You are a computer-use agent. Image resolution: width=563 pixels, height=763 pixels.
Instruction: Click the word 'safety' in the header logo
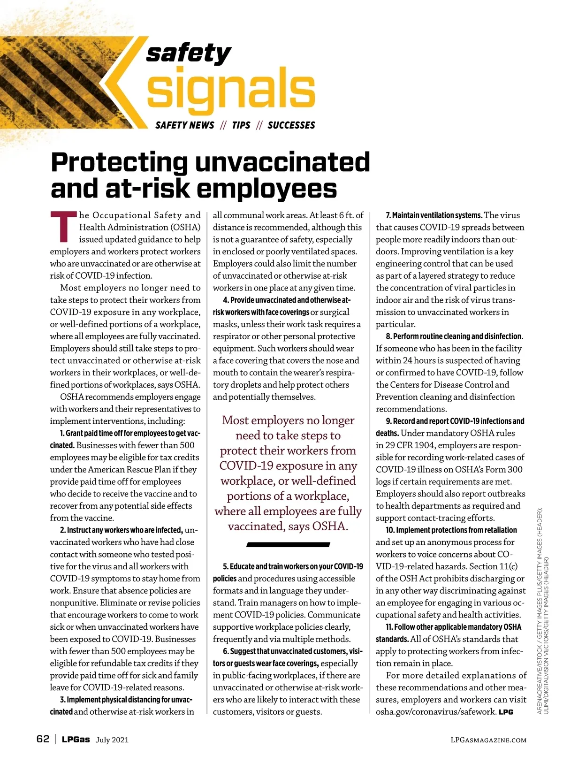pos(189,53)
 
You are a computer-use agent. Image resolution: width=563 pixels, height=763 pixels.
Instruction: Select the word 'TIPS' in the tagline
pos(241,125)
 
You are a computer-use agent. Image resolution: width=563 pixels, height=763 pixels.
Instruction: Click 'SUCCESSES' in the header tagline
pos(291,125)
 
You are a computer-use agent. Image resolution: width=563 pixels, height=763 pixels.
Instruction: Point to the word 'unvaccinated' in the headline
pos(282,162)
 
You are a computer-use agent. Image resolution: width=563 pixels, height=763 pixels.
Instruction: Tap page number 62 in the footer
pos(43,739)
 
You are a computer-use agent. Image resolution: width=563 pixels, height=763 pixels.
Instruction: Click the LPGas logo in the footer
pos(76,740)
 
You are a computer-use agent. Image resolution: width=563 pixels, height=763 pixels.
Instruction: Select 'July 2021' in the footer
pos(112,740)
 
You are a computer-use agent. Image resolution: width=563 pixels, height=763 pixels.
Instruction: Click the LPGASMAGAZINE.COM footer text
pos(488,740)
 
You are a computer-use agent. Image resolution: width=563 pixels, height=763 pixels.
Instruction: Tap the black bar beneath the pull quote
pos(288,545)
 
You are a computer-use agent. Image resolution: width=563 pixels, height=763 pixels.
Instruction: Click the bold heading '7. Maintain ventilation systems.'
pos(434,215)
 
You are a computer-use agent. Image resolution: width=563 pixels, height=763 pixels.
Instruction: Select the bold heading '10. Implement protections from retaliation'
pos(451,530)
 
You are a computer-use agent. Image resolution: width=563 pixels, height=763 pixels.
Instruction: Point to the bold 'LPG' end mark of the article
pos(506,712)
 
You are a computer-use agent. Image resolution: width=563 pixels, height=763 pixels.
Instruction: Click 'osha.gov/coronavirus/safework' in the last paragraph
pos(436,712)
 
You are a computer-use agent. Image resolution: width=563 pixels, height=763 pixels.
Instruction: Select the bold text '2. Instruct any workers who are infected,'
pos(122,530)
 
